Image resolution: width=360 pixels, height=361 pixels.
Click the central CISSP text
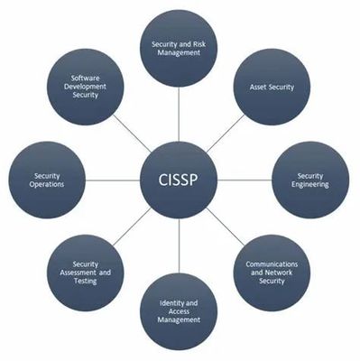point(178,180)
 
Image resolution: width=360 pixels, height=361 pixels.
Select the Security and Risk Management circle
point(179,49)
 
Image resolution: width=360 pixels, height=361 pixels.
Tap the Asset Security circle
point(272,87)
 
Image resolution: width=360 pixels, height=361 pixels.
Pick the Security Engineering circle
point(310,180)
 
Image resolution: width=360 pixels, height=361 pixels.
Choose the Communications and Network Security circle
point(272,273)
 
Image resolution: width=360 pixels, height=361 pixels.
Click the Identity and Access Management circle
point(179,311)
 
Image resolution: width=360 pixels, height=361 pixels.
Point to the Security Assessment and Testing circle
point(86,273)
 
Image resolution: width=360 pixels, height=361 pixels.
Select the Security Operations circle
point(47,180)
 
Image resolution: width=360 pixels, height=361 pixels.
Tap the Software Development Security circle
point(86,87)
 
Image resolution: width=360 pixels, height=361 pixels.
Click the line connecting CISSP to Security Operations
point(113,180)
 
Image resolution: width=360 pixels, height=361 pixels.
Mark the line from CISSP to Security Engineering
point(245,180)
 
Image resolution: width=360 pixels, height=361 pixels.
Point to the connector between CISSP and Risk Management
point(179,115)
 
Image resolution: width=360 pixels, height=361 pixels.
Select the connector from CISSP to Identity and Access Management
point(179,245)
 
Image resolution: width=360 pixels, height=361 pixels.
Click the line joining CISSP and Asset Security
point(226,134)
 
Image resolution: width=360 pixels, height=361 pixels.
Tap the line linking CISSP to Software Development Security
point(132,134)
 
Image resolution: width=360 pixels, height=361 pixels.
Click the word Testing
point(86,282)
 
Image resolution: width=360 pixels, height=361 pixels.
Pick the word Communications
point(272,264)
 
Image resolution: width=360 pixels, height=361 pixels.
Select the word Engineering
point(310,184)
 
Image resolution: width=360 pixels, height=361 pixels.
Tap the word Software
point(86,79)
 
